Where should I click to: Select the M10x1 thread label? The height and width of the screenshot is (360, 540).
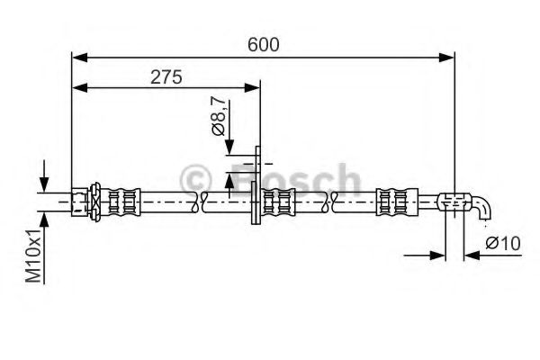click(x=31, y=255)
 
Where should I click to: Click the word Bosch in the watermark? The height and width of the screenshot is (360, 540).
click(x=297, y=179)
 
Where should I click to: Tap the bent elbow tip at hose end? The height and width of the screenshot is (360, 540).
click(x=484, y=209)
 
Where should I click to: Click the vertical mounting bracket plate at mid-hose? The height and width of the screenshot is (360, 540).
click(x=257, y=189)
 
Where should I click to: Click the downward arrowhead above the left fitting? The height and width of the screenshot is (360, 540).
click(x=43, y=184)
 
